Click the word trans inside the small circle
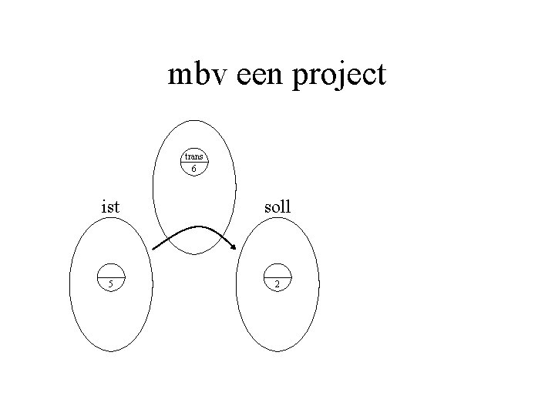point(193,157)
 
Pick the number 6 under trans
point(194,168)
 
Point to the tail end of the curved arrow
point(153,249)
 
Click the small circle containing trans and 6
point(194,163)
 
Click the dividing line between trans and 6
point(194,162)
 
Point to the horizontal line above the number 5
point(111,276)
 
